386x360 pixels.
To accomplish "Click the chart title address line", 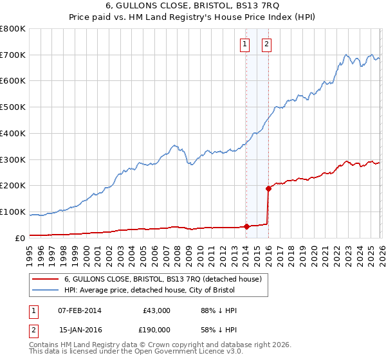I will [193, 5].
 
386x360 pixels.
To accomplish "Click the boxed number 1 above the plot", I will [245, 44].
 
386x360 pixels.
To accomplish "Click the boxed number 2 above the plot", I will [266, 44].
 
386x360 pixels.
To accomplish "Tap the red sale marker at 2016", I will [268, 188].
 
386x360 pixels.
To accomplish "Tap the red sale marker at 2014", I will [246, 226].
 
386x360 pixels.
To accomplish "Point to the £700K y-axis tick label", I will [13, 55].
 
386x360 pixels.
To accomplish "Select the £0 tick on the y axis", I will [21, 238].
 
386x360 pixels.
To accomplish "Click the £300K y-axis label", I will [13, 159].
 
